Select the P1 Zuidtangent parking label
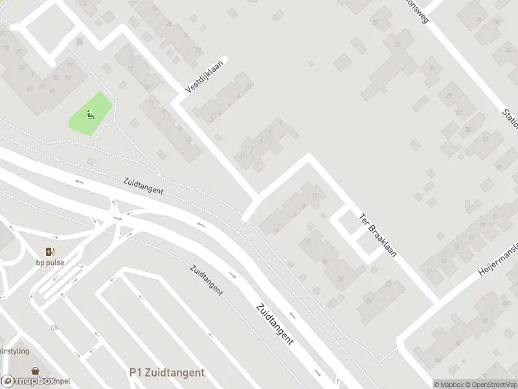166,372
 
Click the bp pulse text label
50,263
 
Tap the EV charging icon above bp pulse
50,252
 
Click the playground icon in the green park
91,115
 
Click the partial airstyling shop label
14,351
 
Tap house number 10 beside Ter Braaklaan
315,194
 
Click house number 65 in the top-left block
30,89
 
